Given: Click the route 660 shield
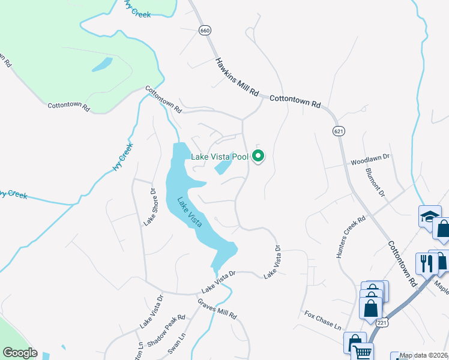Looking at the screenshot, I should tap(206, 31).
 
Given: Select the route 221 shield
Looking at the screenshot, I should tap(382, 323).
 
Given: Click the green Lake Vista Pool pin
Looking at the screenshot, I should tap(259, 157).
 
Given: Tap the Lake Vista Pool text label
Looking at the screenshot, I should tap(219, 157).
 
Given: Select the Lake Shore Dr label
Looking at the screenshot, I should tap(149, 207).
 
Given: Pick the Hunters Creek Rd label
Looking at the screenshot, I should tap(351, 238).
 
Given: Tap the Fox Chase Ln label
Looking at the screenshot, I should tap(322, 319).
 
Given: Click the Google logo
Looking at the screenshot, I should tap(20, 353).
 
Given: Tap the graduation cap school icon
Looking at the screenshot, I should tap(430, 215).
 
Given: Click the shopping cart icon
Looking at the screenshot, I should tap(364, 352).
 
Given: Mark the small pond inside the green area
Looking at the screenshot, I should tap(103, 64).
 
